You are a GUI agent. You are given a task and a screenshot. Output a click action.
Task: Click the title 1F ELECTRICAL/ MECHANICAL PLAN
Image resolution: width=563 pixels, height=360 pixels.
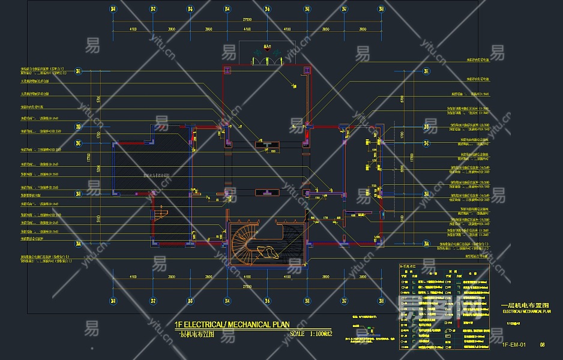coord(232,325)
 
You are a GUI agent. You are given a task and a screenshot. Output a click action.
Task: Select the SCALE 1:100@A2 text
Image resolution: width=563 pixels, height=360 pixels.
coord(310,334)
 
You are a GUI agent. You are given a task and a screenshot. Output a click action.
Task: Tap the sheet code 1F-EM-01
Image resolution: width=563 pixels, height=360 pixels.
coord(514,345)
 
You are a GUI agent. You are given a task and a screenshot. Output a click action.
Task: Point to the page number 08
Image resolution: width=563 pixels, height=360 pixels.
coord(542,345)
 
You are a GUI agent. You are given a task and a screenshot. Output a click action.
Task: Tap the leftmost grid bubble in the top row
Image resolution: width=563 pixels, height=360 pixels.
coord(113,9)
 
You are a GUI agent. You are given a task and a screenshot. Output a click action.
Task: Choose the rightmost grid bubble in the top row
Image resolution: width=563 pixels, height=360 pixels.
coord(381,9)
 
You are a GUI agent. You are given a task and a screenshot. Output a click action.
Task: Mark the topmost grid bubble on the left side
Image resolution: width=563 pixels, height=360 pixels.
coord(78,71)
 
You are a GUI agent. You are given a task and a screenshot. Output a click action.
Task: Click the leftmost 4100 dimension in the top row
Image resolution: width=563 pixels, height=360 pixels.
coord(132,29)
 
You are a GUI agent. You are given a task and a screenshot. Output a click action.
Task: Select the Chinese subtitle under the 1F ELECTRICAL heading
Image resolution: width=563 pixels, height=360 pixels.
coord(197,334)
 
